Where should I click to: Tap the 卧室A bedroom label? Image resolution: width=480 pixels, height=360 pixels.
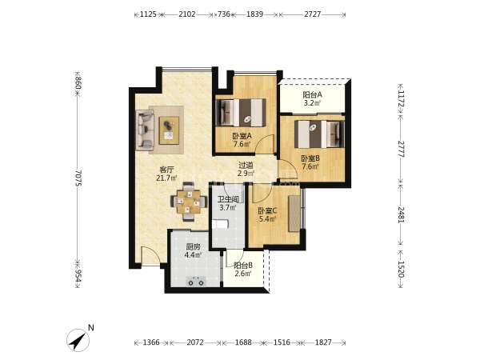point(242,136)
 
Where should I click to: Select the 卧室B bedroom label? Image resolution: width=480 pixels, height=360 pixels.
point(310,158)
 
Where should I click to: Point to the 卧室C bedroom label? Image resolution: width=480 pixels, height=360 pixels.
point(267,211)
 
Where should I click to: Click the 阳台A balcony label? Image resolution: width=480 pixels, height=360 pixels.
point(312,94)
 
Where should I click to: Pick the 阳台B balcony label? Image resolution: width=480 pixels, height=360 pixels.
point(243,265)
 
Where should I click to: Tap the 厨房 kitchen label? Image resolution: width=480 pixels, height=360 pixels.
point(193,246)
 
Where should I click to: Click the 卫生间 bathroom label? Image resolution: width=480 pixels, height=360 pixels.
point(228,199)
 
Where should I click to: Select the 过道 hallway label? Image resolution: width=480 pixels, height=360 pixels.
point(246,166)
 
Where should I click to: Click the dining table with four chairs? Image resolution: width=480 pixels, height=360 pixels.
point(188,202)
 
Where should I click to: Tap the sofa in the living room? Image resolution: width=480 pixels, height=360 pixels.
point(145,130)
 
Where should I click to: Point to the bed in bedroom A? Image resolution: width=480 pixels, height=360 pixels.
point(241,112)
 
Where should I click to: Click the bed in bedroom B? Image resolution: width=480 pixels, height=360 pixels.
point(319,134)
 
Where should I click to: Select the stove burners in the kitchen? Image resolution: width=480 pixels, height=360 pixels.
point(196,282)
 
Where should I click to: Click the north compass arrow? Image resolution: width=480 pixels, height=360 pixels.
point(78,340)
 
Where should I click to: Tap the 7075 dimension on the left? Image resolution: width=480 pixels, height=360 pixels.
point(78,178)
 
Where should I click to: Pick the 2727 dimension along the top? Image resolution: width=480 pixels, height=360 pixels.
point(312,14)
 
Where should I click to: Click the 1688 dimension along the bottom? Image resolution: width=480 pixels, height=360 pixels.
point(243,342)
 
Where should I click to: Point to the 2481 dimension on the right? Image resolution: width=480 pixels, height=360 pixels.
point(401,214)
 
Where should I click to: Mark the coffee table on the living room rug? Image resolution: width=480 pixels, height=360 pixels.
point(169,130)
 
